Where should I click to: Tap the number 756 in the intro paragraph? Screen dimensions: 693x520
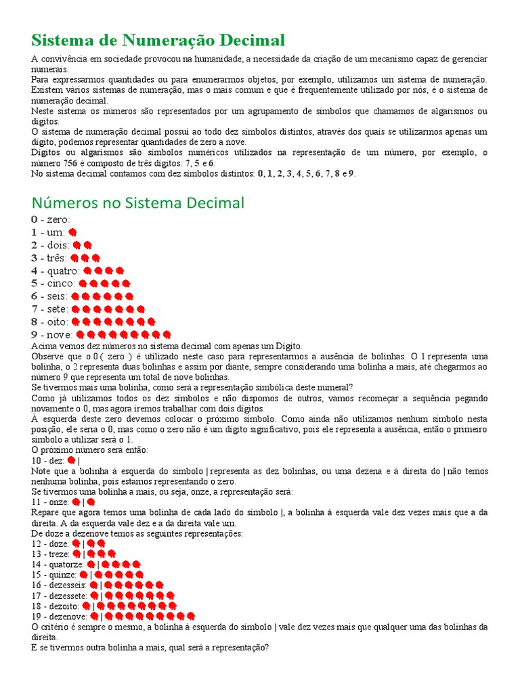point(72,163)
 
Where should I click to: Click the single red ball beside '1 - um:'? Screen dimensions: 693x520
point(72,232)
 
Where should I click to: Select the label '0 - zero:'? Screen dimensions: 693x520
point(50,219)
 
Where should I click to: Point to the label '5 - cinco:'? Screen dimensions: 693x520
point(53,284)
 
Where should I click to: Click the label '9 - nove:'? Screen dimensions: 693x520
point(51,335)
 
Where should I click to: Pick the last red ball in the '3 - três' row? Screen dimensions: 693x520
point(95,258)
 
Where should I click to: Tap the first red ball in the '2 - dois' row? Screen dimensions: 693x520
point(77,245)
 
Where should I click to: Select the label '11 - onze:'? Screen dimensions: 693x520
point(51,502)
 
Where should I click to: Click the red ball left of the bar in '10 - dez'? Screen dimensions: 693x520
point(71,460)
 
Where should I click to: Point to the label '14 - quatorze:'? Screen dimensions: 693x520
point(58,564)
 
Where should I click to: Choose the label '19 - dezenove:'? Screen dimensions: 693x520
point(59,617)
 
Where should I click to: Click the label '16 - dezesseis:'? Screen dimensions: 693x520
point(59,585)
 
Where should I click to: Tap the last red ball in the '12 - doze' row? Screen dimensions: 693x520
point(101,543)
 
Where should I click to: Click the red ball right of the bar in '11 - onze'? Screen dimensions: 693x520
point(91,502)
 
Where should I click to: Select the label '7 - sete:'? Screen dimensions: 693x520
point(50,309)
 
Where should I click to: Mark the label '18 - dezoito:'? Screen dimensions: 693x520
point(56,606)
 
